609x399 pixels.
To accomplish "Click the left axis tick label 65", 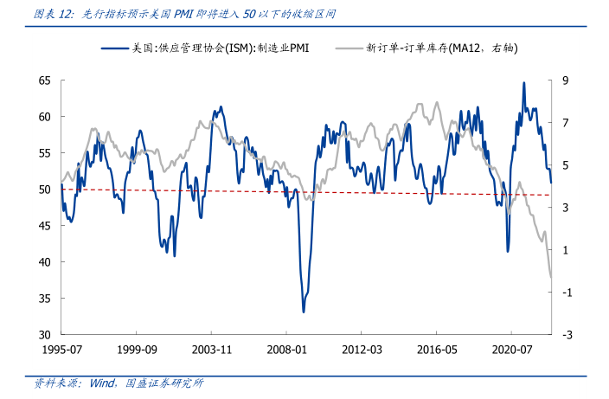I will click(45, 80).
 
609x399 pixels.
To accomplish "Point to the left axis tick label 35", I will click(45, 299).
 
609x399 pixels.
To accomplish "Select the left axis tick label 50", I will click(45, 190).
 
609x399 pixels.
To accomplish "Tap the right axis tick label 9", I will click(565, 80).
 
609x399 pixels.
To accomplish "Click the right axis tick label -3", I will click(567, 335).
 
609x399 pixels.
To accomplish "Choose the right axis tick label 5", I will click(565, 165).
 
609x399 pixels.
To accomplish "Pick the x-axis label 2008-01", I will click(286, 351).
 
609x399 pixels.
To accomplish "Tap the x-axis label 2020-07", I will click(511, 351).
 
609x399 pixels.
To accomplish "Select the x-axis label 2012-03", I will click(362, 351).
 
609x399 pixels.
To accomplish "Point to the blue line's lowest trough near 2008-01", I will click(304, 312).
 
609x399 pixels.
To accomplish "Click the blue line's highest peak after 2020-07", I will click(523, 83).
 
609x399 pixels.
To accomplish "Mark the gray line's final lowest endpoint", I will click(551, 279).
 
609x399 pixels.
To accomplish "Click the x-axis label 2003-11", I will click(211, 351).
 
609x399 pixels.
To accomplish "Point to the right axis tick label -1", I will click(567, 293).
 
